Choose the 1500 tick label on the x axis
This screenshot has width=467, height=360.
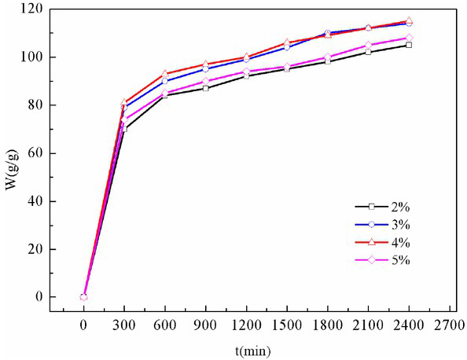(x=287, y=322)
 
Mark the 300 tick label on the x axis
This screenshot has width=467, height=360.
(x=124, y=322)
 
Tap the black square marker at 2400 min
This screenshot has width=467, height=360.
(x=409, y=45)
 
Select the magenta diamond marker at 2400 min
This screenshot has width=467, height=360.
(x=409, y=38)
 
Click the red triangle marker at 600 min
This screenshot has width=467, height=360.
(x=165, y=74)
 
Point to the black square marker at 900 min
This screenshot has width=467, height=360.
(x=206, y=88)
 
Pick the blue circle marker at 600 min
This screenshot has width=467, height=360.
(x=165, y=81)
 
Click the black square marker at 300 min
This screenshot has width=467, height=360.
(x=124, y=129)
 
